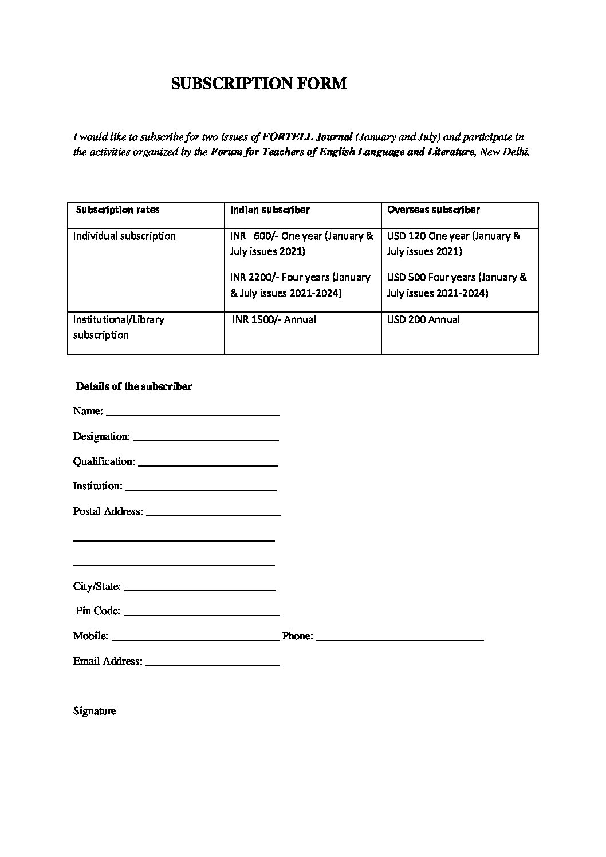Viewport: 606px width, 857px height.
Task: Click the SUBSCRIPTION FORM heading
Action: click(259, 84)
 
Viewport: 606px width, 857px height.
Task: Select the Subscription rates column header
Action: click(118, 210)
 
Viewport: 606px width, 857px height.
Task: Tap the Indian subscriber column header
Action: click(270, 210)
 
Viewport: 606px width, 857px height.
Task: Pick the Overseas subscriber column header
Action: click(433, 210)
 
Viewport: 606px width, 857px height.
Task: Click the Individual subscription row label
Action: click(124, 236)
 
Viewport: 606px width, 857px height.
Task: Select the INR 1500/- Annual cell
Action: click(274, 319)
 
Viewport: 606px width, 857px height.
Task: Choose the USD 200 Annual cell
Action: click(423, 319)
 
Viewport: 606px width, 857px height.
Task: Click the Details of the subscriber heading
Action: click(134, 386)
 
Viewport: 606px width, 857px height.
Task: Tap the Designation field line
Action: click(206, 440)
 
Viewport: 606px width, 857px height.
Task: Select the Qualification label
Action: click(104, 461)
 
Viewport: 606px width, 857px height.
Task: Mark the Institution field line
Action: click(200, 489)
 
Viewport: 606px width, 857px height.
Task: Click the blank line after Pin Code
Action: click(201, 614)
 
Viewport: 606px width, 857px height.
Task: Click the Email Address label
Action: click(108, 661)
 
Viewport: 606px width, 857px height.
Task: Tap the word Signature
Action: click(95, 711)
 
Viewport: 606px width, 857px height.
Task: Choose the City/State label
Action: click(97, 586)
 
